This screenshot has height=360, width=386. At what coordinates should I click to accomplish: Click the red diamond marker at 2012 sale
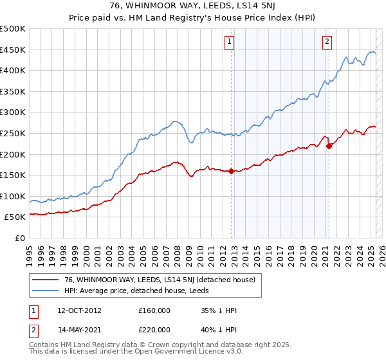pyautogui.click(x=231, y=171)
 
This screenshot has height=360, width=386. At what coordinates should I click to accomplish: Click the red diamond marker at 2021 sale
pyautogui.click(x=329, y=146)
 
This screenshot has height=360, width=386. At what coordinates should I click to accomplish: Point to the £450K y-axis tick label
pyautogui.click(x=13, y=50)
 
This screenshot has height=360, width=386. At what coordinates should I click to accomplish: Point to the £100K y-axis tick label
pyautogui.click(x=13, y=196)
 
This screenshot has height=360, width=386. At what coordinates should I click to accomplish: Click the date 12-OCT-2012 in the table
pyautogui.click(x=78, y=310)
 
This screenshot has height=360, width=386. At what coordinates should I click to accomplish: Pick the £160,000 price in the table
pyautogui.click(x=154, y=310)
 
